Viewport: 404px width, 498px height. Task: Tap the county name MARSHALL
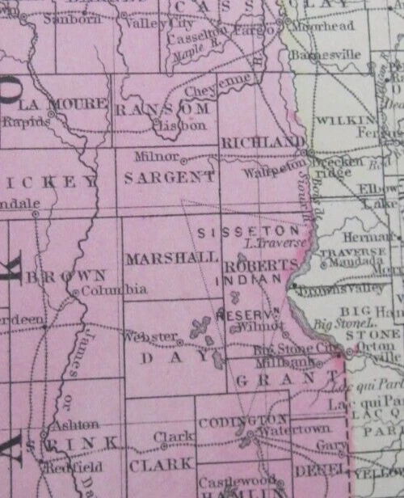(171, 258)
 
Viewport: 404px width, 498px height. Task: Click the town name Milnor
(154, 155)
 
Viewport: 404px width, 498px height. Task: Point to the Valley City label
(145, 24)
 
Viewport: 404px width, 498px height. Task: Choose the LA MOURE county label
(62, 104)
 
